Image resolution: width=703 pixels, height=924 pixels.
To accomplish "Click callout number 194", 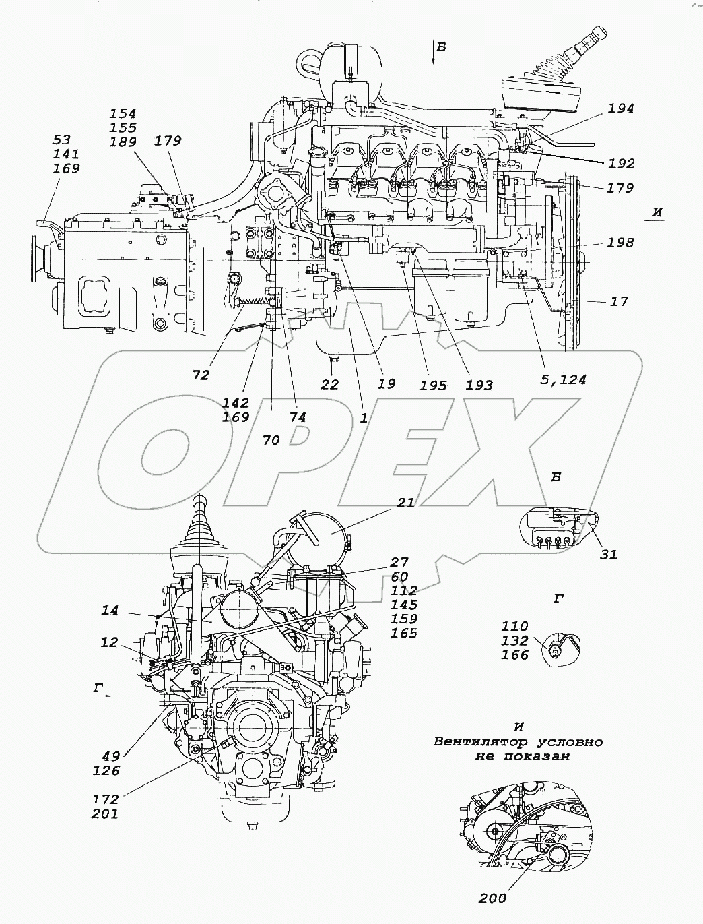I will click(x=621, y=109).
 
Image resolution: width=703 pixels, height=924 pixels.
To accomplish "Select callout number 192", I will click(x=621, y=164).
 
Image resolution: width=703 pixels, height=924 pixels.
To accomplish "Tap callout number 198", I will click(x=620, y=242).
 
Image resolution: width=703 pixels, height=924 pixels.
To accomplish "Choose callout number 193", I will click(x=479, y=385).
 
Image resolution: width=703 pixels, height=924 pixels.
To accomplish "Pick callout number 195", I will click(x=433, y=385).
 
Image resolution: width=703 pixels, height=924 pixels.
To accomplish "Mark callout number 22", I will click(x=329, y=384).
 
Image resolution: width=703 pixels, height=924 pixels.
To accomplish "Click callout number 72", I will click(x=201, y=375).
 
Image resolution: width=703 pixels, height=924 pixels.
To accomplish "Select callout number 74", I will click(x=297, y=417).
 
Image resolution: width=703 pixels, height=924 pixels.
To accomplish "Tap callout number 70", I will click(x=271, y=440).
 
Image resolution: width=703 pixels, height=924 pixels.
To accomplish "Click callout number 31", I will click(x=609, y=554).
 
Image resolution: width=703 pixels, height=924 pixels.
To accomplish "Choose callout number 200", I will click(x=493, y=898).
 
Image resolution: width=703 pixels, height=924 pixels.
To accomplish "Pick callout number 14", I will click(x=110, y=611).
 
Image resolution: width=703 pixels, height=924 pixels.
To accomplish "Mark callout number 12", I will click(x=110, y=643).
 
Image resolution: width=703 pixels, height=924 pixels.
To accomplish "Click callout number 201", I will click(x=106, y=813).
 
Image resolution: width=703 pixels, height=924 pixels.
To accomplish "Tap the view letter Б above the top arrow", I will click(x=441, y=47).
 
